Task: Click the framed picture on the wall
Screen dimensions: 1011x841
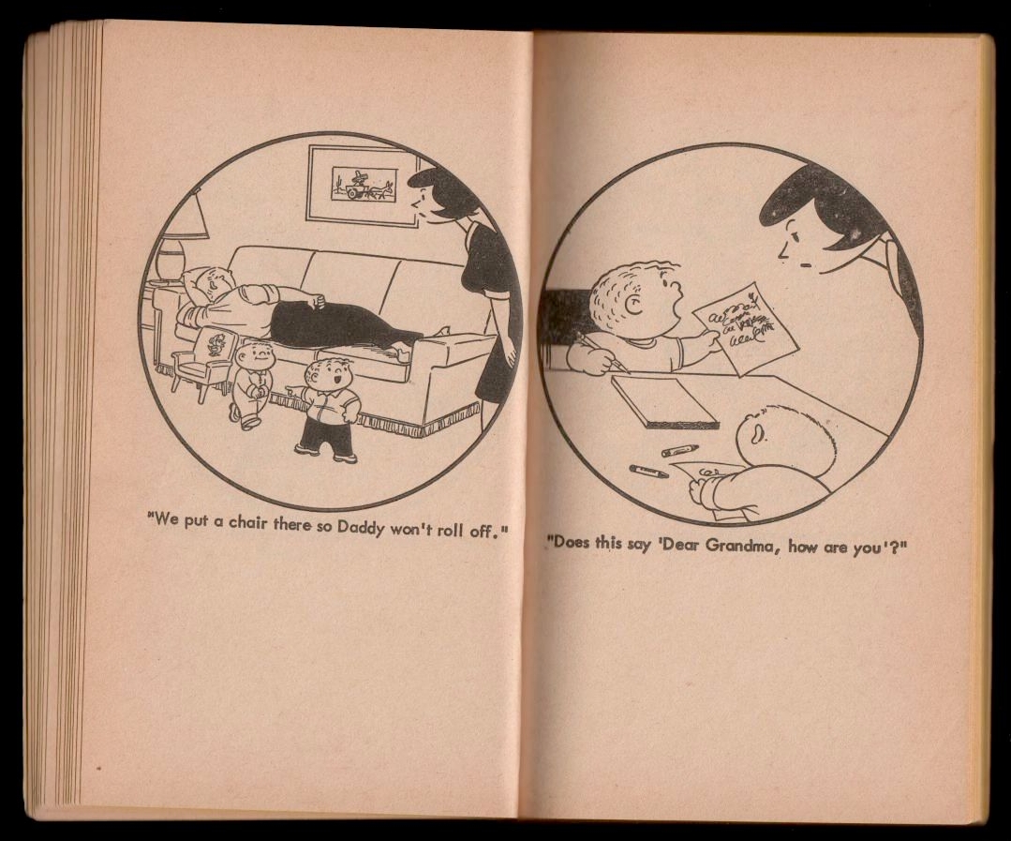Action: [364, 185]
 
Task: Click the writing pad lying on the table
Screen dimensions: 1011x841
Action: [664, 400]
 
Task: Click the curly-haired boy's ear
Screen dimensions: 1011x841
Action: [635, 305]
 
